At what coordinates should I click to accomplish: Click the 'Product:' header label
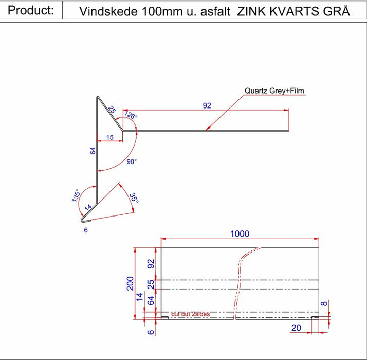click(31, 10)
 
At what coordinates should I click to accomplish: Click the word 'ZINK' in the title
click(250, 11)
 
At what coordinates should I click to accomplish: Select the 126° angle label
click(132, 116)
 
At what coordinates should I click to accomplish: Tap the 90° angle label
click(132, 162)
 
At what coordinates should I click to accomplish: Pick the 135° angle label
click(76, 195)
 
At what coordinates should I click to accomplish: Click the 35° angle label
click(133, 198)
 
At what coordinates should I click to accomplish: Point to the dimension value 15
click(109, 137)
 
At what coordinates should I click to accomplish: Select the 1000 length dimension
click(240, 234)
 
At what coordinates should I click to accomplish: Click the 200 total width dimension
click(131, 283)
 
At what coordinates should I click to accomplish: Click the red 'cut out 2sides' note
click(190, 314)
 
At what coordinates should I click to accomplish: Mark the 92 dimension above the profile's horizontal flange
click(207, 105)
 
